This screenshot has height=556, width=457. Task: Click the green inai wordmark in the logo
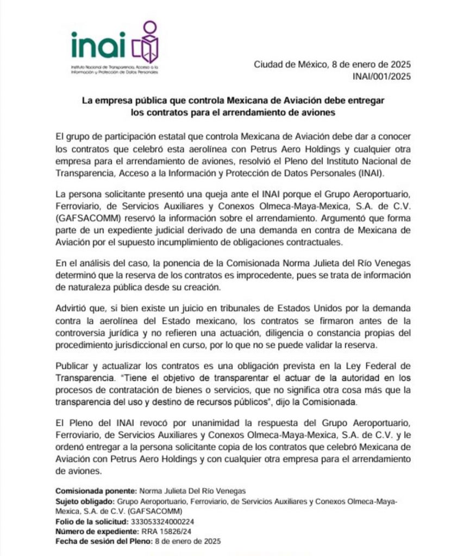click(x=98, y=44)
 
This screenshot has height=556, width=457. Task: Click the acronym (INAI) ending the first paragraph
click(x=368, y=173)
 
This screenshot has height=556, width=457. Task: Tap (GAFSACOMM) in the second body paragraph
click(x=86, y=218)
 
